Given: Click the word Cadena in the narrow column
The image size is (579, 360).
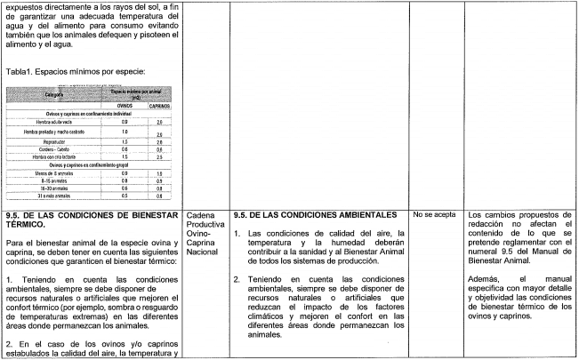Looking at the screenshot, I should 205,215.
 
